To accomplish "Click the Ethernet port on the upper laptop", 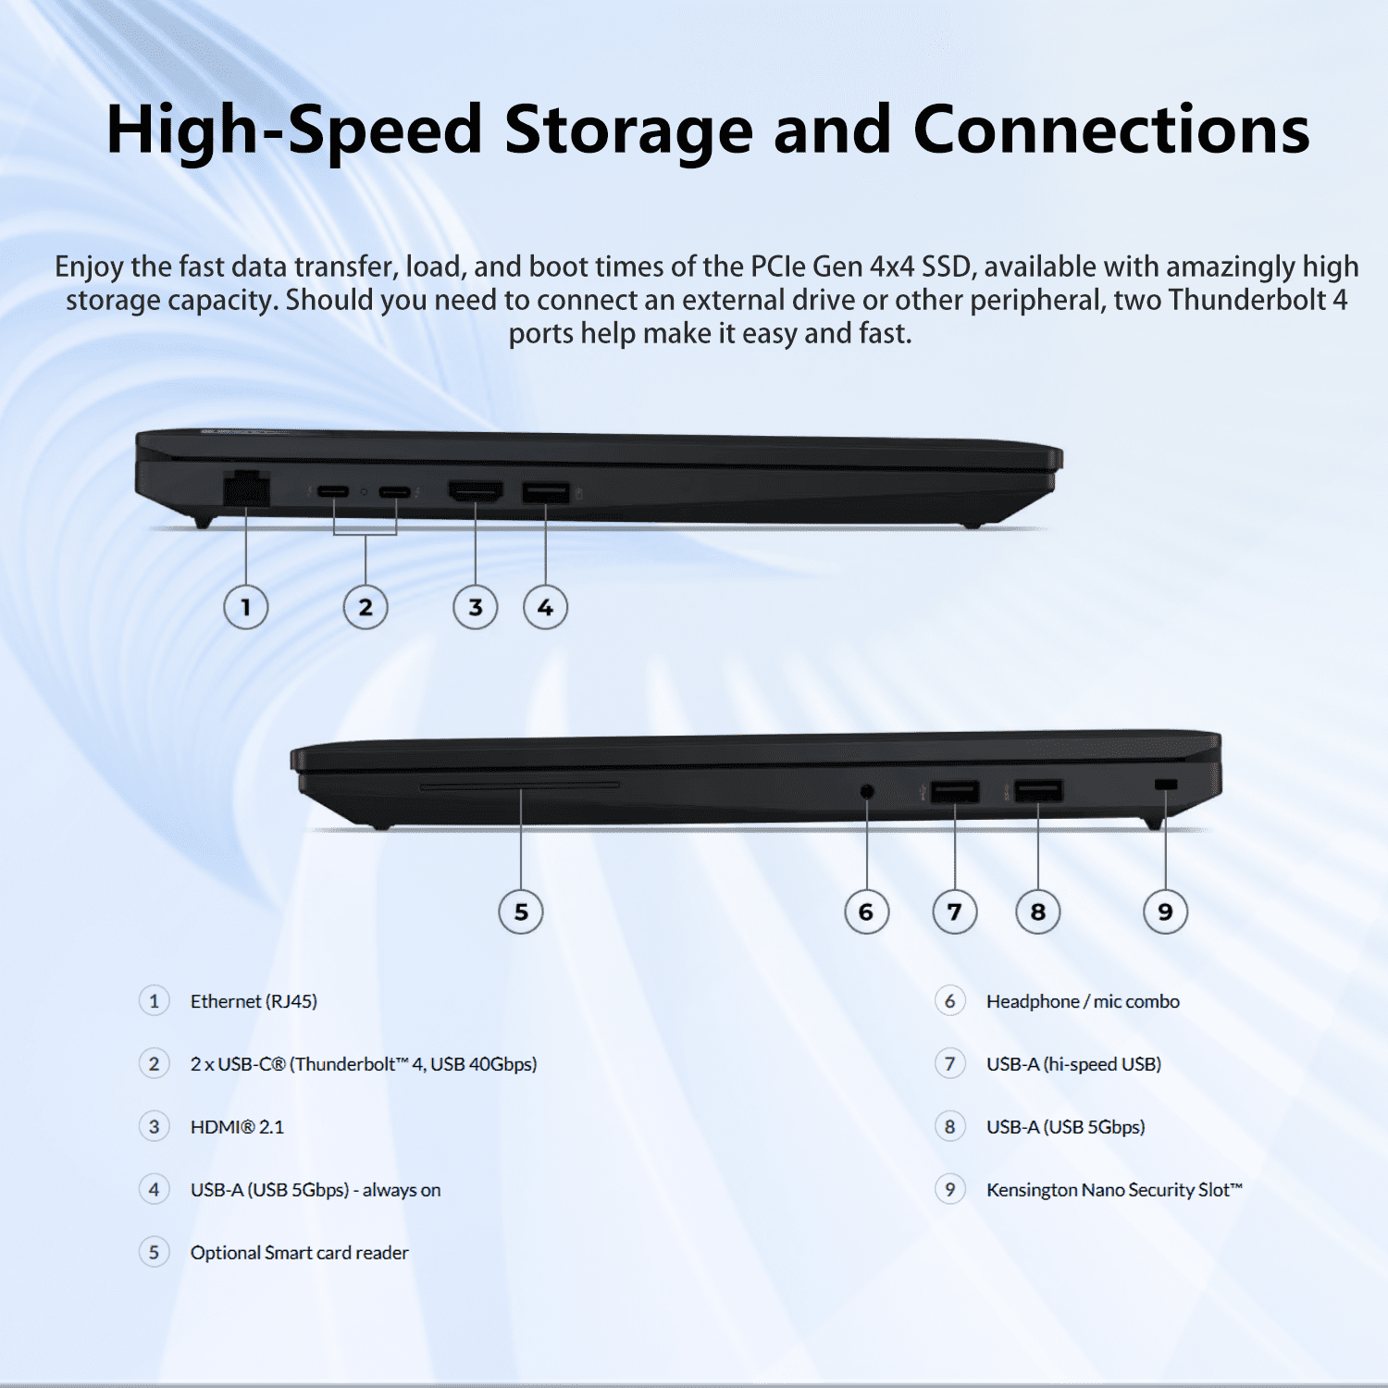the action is tap(246, 488).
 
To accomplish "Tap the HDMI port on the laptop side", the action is tap(476, 490).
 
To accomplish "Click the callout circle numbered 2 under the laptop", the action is tap(366, 608).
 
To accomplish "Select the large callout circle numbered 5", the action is tap(521, 911).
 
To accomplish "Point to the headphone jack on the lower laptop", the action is tap(867, 791).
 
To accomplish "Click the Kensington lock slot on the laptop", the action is tap(1166, 785).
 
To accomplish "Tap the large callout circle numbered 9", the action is tap(1166, 911).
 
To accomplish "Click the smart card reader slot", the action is tap(520, 786).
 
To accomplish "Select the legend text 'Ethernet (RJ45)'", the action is tap(254, 1001).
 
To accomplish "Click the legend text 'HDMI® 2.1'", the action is tap(237, 1127).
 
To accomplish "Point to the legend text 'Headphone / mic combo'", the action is tap(1083, 1001).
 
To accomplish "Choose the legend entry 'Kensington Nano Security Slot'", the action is tap(1114, 1190).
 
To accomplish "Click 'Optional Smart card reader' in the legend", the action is tap(299, 1253).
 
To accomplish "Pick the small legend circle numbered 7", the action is tap(949, 1064).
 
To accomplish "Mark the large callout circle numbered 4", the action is tap(546, 608).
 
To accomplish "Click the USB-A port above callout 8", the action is tap(1038, 791).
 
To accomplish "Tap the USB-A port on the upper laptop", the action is tap(546, 491).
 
